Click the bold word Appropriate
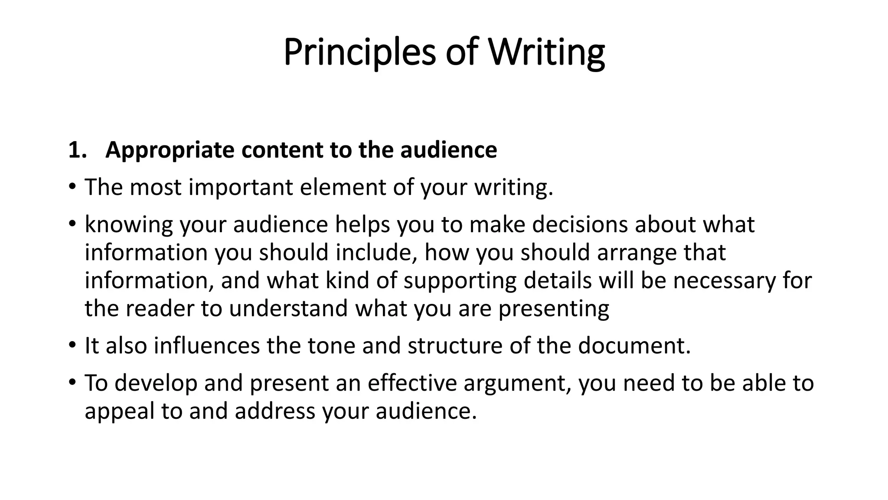[170, 150]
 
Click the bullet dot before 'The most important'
[72, 187]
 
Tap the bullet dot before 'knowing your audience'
[72, 224]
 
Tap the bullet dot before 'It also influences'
[72, 346]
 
